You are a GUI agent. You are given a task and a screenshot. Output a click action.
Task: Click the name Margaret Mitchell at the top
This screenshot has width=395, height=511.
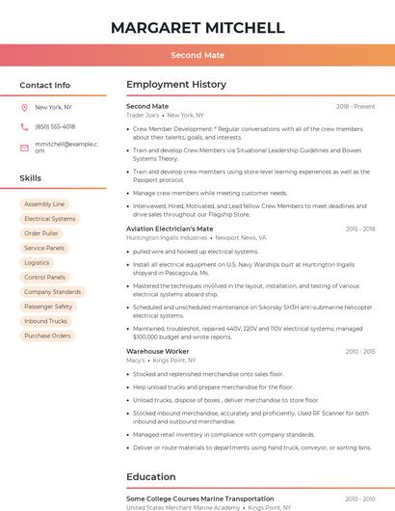197,28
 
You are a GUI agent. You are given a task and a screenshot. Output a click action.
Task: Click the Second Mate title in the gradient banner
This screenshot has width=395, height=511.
197,56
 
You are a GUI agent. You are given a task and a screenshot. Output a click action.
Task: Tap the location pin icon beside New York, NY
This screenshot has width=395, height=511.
24,107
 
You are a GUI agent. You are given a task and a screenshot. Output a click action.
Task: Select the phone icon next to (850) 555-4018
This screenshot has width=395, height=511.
24,126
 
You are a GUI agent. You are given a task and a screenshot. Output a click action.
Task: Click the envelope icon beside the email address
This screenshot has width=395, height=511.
24,148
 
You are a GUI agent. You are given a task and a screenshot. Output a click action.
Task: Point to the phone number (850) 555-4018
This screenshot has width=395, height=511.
55,126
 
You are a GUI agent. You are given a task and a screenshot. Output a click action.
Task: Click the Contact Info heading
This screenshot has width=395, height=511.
44,85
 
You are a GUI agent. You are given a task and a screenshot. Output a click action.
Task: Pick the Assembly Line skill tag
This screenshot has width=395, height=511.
44,204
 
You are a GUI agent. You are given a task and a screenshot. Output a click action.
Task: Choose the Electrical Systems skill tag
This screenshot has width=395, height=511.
50,219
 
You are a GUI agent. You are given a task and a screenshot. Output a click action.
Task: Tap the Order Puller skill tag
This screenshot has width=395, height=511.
41,233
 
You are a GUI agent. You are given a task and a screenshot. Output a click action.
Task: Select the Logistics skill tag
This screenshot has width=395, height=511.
37,262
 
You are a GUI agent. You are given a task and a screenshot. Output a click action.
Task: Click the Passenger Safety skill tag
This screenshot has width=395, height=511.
48,307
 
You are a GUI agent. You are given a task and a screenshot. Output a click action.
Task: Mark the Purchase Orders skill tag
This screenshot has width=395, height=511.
47,336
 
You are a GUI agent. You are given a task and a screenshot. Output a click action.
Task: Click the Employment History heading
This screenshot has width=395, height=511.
176,85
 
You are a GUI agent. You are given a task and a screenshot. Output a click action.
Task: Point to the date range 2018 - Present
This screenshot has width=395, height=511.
355,106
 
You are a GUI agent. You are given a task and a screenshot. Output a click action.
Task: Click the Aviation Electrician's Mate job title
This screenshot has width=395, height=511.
170,229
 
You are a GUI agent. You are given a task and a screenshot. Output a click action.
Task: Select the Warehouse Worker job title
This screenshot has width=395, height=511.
158,352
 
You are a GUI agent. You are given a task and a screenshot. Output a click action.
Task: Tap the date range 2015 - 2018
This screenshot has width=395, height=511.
360,229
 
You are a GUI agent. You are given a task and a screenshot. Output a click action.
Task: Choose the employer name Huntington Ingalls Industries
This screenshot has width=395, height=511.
167,237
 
